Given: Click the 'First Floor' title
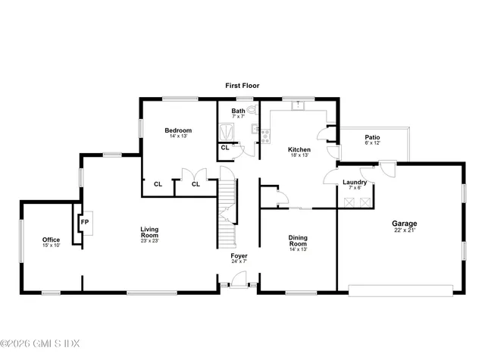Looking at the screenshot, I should coord(242,86).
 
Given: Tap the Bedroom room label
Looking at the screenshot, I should coord(178,130).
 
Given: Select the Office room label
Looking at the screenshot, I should coord(51,239).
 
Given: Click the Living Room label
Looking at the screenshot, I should coord(149,232).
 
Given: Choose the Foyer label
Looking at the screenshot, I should coord(239,256).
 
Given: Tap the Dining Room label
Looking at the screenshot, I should coord(298,241).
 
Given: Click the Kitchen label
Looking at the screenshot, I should coord(299,150).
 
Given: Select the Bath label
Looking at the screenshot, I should coord(238,111).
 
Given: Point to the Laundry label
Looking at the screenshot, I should coord(355,182).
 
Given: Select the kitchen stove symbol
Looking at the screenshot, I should coord(265,135).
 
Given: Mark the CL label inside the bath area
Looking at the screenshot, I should coord(225,147).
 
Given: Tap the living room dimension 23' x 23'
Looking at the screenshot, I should coord(149,241).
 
